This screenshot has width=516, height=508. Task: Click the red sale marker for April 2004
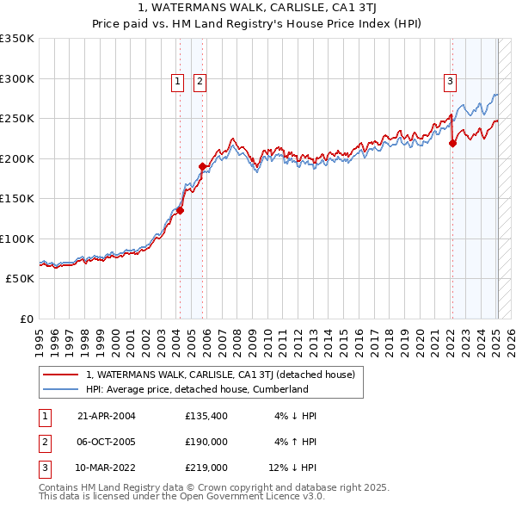(181, 209)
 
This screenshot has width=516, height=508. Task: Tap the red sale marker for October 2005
(202, 166)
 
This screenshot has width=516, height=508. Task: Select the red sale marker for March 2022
(452, 144)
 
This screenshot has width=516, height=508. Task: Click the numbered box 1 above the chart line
(177, 82)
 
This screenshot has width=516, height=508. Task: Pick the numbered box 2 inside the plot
(200, 82)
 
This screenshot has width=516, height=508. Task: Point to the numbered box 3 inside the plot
(450, 82)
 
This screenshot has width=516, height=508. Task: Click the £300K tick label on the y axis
(17, 78)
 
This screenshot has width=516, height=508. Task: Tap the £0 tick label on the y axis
(26, 319)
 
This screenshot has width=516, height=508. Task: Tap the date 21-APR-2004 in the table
(107, 416)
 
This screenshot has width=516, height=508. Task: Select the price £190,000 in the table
(206, 443)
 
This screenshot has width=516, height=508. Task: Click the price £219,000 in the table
(206, 469)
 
